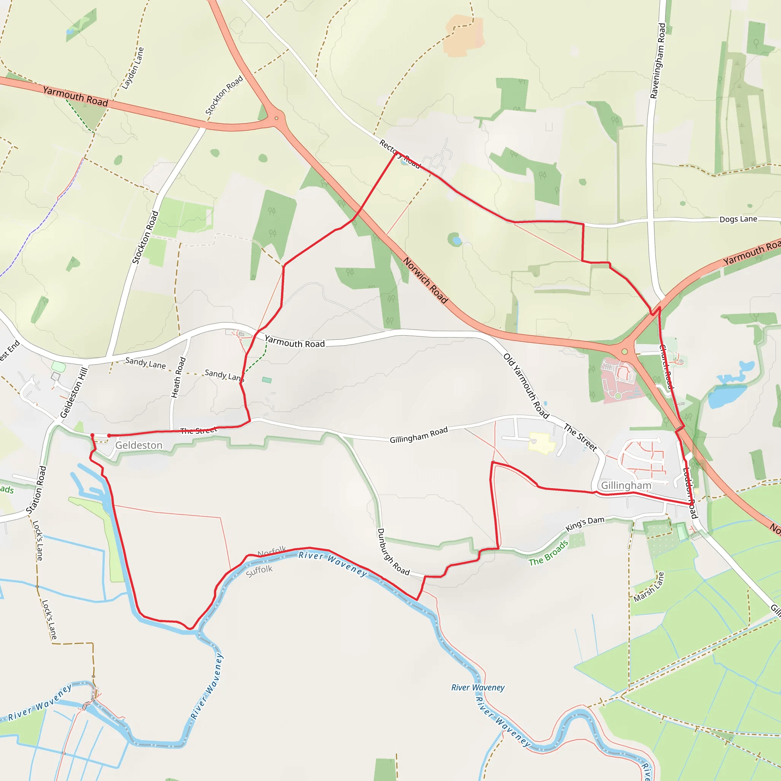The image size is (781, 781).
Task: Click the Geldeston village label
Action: (139, 445)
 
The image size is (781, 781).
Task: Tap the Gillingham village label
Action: (626, 485)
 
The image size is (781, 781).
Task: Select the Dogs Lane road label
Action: (738, 219)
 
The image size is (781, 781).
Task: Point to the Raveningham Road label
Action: (658, 61)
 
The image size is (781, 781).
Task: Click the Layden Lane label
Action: (133, 68)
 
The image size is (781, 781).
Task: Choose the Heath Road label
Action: (178, 377)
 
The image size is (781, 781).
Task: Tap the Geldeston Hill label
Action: (74, 392)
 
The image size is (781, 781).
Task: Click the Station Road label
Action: (36, 490)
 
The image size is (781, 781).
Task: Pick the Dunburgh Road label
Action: (393, 551)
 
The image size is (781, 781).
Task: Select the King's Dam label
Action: (585, 524)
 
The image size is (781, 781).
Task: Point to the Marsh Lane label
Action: (649, 587)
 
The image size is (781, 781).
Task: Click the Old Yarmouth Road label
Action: (526, 386)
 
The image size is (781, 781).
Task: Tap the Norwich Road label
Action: (425, 280)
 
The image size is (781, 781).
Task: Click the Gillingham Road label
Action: (418, 435)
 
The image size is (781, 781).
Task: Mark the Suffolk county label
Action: (259, 571)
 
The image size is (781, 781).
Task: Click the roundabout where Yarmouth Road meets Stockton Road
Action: (276, 119)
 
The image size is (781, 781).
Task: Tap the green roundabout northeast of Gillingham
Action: (625, 352)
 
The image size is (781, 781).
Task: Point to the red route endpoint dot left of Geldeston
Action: (92, 435)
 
